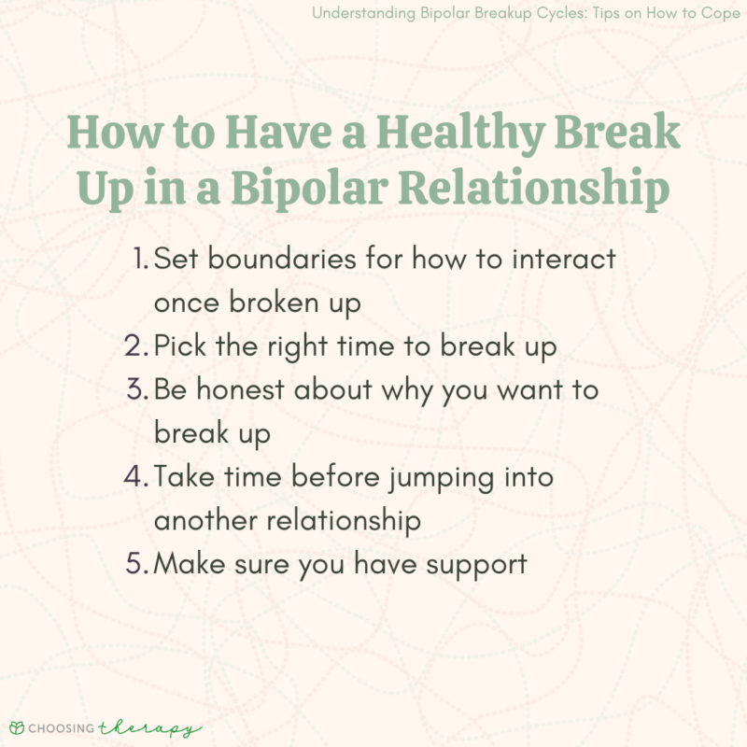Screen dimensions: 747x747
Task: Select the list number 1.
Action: [141, 260]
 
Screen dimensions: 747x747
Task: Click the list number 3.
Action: [136, 390]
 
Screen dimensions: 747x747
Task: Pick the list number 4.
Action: [135, 477]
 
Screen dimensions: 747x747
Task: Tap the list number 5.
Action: [136, 564]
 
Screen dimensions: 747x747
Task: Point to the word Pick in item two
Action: [179, 346]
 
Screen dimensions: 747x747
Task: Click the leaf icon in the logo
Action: [16, 727]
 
